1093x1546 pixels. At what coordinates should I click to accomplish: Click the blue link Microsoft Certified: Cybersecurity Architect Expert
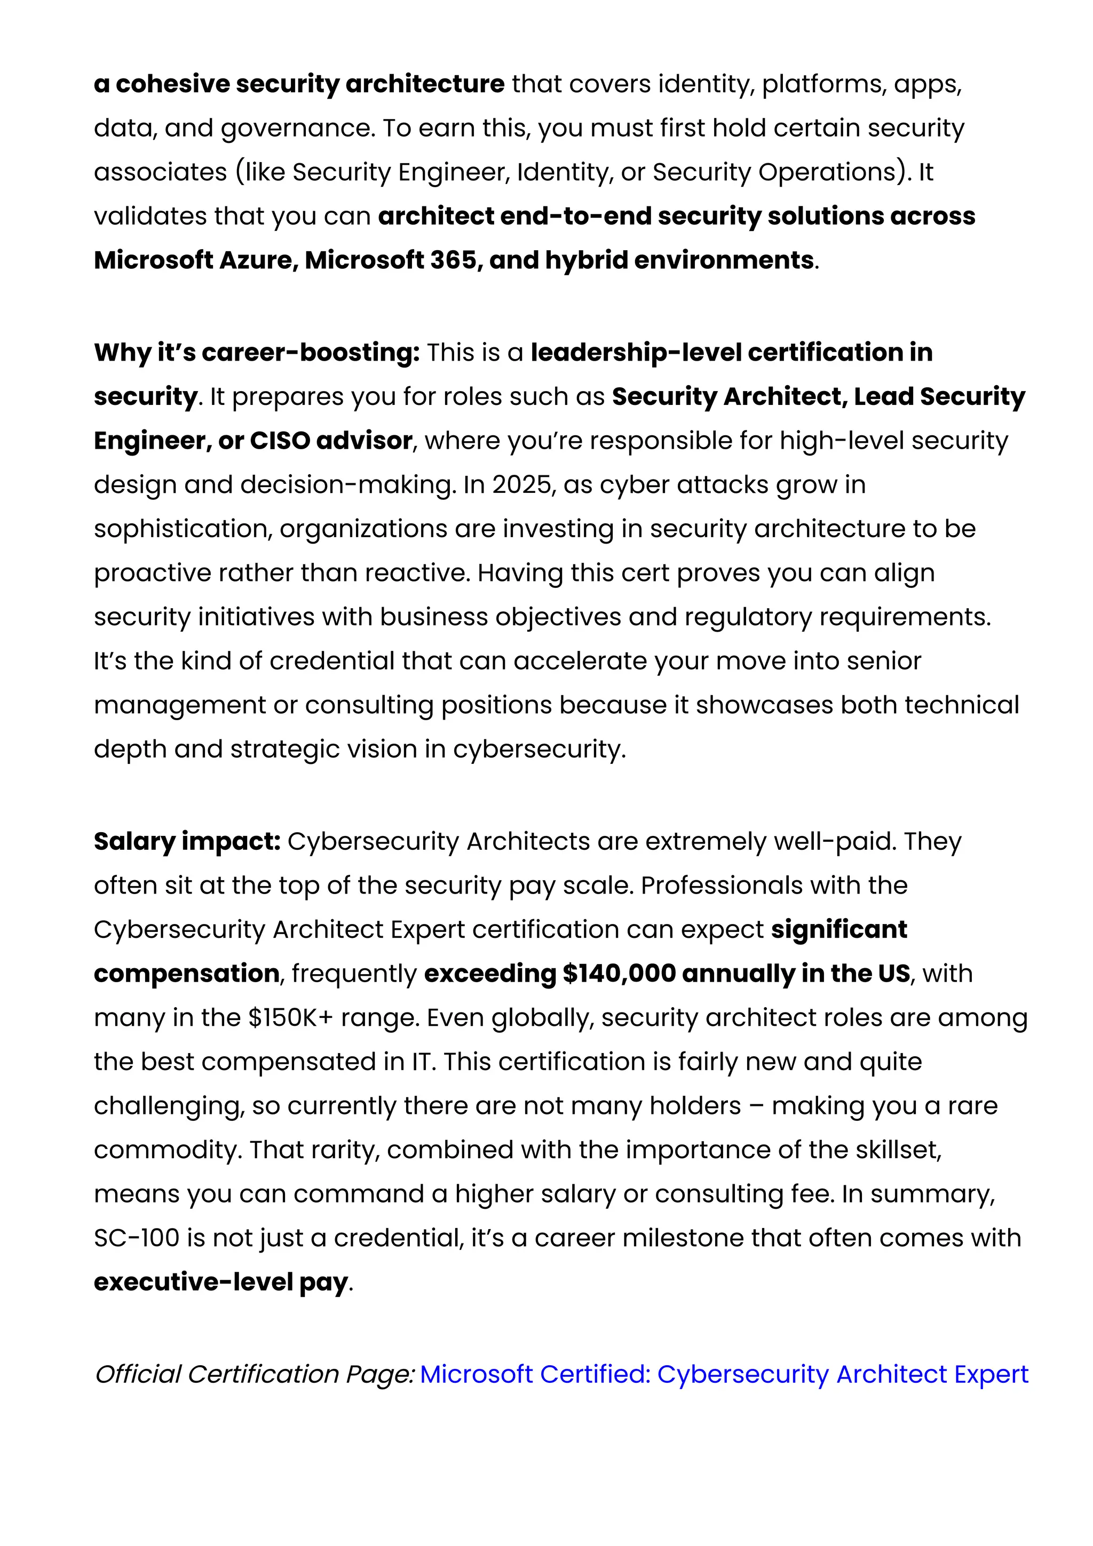[x=724, y=1374]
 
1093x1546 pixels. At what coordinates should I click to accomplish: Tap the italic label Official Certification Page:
[x=255, y=1374]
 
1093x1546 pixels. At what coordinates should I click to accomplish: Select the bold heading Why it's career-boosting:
[x=257, y=352]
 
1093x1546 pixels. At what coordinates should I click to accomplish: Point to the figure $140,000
[x=619, y=974]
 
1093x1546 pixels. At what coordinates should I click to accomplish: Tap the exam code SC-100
[x=137, y=1238]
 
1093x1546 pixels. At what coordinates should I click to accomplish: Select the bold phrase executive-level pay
[x=221, y=1282]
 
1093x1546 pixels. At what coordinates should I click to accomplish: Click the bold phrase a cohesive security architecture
[x=299, y=84]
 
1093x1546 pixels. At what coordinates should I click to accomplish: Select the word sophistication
[x=183, y=529]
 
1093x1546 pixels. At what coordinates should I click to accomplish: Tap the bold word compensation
[x=187, y=974]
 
